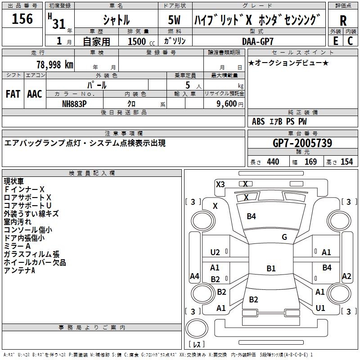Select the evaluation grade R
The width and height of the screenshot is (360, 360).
pos(343,21)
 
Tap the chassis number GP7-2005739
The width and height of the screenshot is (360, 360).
pos(302,144)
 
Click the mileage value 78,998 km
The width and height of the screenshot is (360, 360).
pos(54,64)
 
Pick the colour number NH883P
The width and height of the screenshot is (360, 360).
pos(74,103)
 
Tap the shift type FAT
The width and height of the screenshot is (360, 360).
pos(13,94)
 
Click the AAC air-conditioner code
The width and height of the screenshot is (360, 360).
pos(35,94)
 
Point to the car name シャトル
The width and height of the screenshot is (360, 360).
pos(116,20)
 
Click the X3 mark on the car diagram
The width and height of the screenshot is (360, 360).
pos(220,184)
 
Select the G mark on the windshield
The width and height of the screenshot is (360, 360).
pos(284,237)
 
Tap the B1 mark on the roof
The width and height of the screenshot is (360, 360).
pos(271,269)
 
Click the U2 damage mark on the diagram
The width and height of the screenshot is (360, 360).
pos(215,252)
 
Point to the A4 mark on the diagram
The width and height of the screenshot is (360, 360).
pos(194,276)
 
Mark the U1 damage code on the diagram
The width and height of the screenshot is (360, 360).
pos(320,308)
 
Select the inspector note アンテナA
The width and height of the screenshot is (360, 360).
pos(19,270)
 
